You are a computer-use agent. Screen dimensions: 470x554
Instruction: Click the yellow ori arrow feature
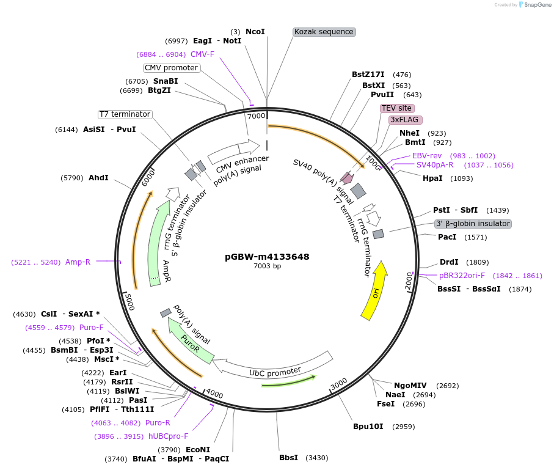[374, 291]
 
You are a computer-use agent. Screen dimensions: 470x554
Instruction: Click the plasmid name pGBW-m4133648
[267, 257]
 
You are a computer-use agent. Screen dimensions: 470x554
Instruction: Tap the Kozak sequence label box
[324, 32]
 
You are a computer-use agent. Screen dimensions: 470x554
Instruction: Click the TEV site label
[396, 108]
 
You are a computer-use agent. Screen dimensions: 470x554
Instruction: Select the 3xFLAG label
[404, 120]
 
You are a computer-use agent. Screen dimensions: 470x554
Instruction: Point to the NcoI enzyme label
[255, 31]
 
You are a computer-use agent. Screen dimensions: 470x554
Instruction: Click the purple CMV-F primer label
[202, 54]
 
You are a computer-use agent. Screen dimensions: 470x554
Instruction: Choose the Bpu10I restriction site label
[368, 426]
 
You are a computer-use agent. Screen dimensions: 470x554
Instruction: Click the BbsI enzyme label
[288, 457]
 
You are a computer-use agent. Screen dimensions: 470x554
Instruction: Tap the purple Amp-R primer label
[78, 262]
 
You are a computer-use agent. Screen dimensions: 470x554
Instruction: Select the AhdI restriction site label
[98, 178]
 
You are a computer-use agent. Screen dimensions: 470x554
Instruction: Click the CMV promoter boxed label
[172, 68]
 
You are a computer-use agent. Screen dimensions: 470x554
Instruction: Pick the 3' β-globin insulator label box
[473, 224]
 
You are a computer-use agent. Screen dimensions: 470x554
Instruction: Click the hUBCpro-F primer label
[168, 436]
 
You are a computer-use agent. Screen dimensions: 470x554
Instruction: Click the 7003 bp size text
[267, 266]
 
